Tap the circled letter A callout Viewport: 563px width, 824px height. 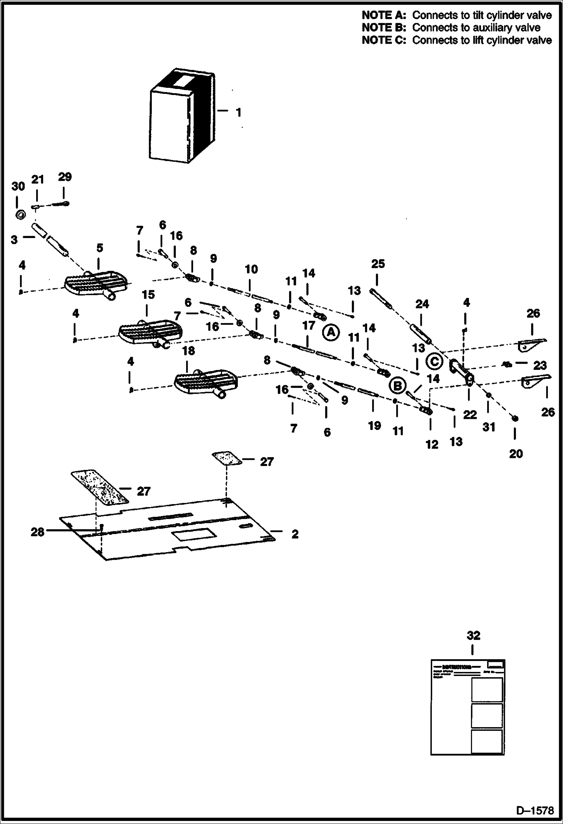tap(331, 332)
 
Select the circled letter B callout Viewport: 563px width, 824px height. tap(397, 385)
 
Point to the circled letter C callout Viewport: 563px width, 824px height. tap(434, 362)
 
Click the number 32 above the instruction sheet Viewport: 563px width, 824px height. tap(473, 635)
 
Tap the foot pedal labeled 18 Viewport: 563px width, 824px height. tap(205, 383)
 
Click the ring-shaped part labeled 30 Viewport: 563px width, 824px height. tap(21, 215)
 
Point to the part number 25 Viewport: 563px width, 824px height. tap(378, 264)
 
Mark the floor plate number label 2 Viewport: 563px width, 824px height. tap(295, 534)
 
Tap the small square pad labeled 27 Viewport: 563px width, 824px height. tap(227, 459)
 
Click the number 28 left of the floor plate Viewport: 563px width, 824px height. tap(37, 532)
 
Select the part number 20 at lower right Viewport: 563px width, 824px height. tap(516, 454)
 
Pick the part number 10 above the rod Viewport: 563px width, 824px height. tap(251, 269)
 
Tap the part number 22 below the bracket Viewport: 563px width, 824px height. tap(470, 415)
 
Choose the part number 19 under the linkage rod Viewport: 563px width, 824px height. tap(374, 426)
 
